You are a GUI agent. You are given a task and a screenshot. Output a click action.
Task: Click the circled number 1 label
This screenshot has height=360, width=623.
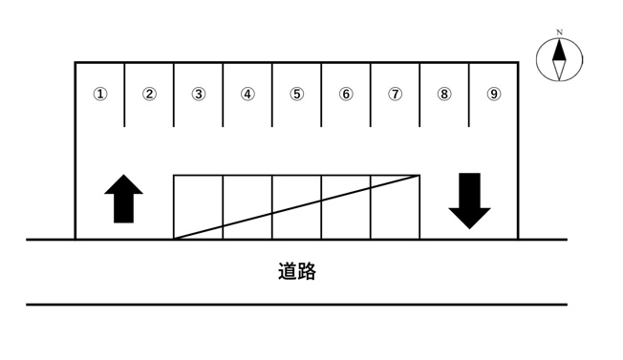100,95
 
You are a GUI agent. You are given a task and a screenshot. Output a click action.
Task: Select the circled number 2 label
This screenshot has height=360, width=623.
149,95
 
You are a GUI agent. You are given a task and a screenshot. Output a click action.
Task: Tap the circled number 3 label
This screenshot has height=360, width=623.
199,95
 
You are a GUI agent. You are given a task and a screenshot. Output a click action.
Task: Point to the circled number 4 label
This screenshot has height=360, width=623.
247,95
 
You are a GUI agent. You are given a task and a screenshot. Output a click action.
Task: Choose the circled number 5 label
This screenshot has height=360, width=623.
297,95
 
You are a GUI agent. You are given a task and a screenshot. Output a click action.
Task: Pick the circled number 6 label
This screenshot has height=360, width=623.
346,95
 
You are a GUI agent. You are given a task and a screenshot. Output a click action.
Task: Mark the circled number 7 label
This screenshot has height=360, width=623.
395,95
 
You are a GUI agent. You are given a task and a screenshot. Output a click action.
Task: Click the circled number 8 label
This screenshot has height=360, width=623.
444,95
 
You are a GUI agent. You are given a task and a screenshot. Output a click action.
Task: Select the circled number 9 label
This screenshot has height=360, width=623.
494,95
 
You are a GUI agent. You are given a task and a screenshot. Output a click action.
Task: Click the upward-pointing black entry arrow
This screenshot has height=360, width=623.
123,199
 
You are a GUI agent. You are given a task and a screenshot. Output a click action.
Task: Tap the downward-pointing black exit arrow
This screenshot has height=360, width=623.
469,201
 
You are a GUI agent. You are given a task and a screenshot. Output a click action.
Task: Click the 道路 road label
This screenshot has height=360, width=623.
297,271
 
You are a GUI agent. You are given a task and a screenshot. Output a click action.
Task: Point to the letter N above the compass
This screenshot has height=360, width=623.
559,32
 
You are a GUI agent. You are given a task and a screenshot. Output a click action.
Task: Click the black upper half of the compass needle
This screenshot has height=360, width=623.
559,52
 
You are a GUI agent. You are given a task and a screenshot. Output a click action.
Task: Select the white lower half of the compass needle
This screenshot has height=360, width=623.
559,70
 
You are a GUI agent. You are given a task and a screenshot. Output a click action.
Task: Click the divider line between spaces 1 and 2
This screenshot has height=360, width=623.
125,95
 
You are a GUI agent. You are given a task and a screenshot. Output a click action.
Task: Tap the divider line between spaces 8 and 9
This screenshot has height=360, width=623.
469,95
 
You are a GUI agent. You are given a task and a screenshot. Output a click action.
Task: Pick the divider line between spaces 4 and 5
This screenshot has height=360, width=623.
272,95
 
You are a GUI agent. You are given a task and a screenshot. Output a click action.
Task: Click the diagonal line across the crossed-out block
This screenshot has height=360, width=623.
297,207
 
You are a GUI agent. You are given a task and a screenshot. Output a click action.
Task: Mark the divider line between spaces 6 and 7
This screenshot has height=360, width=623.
371,95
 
